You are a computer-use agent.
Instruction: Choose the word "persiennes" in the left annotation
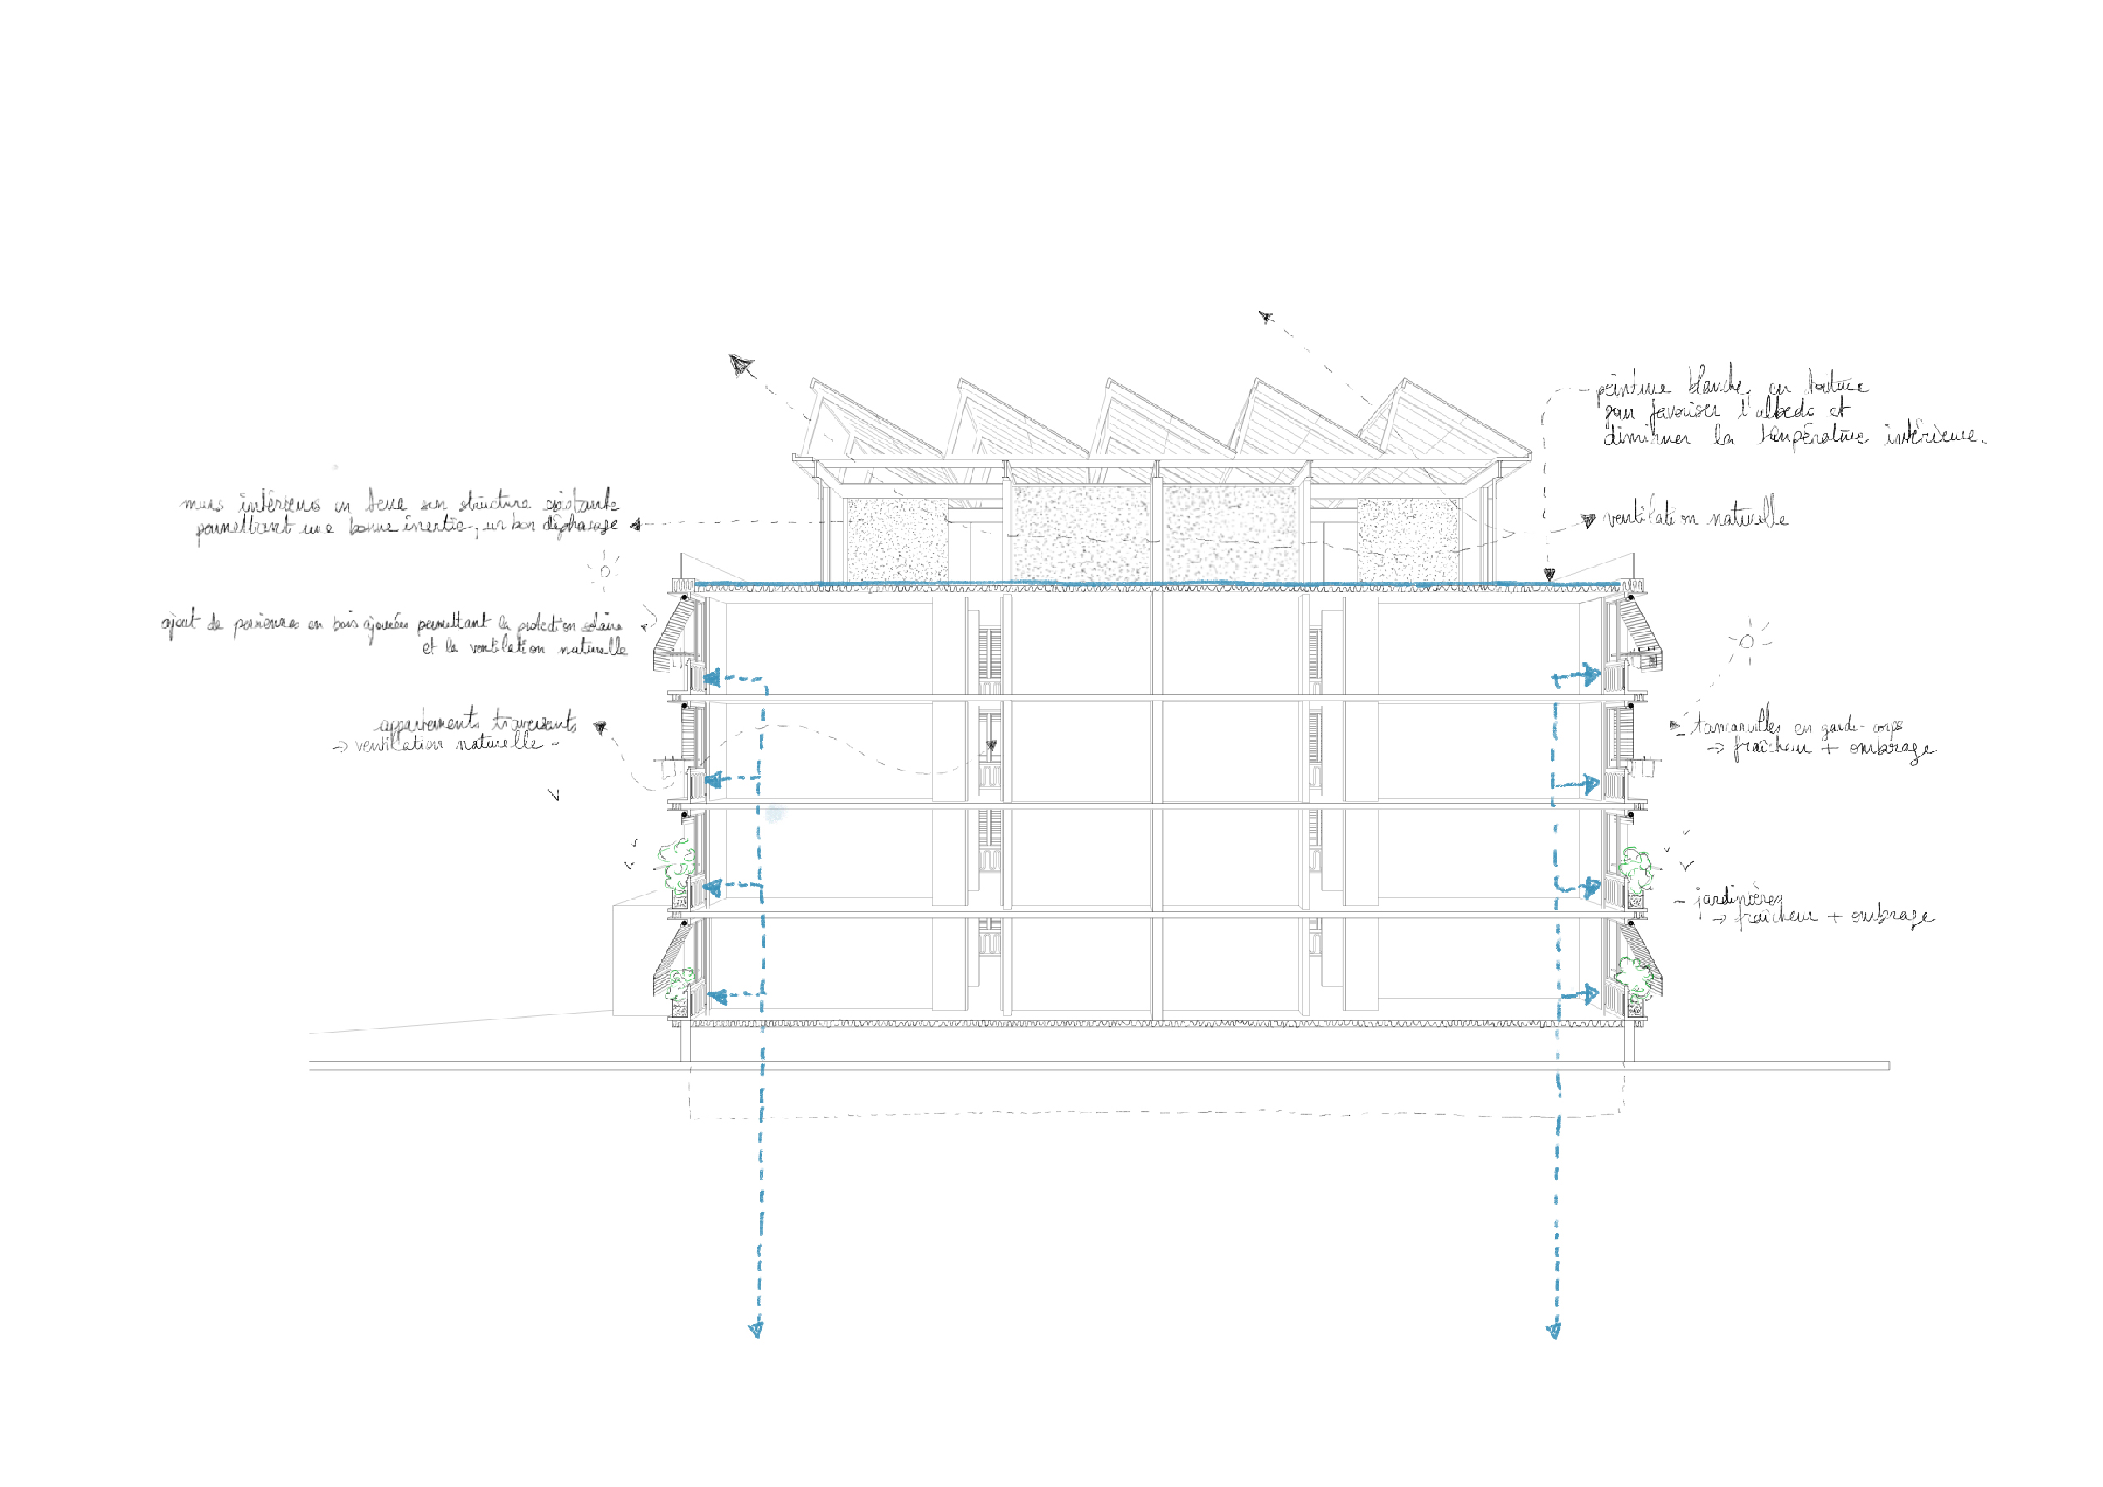265,625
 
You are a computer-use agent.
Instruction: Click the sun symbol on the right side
1746,642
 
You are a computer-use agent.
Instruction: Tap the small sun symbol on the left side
605,572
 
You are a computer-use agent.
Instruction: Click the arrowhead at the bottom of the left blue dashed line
755,1331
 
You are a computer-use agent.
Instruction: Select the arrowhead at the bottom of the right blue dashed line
1553,1331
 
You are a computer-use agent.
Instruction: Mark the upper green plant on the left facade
677,862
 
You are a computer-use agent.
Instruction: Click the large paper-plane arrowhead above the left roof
740,365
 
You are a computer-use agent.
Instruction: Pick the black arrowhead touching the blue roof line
1549,574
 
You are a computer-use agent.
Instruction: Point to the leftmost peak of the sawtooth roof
814,379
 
